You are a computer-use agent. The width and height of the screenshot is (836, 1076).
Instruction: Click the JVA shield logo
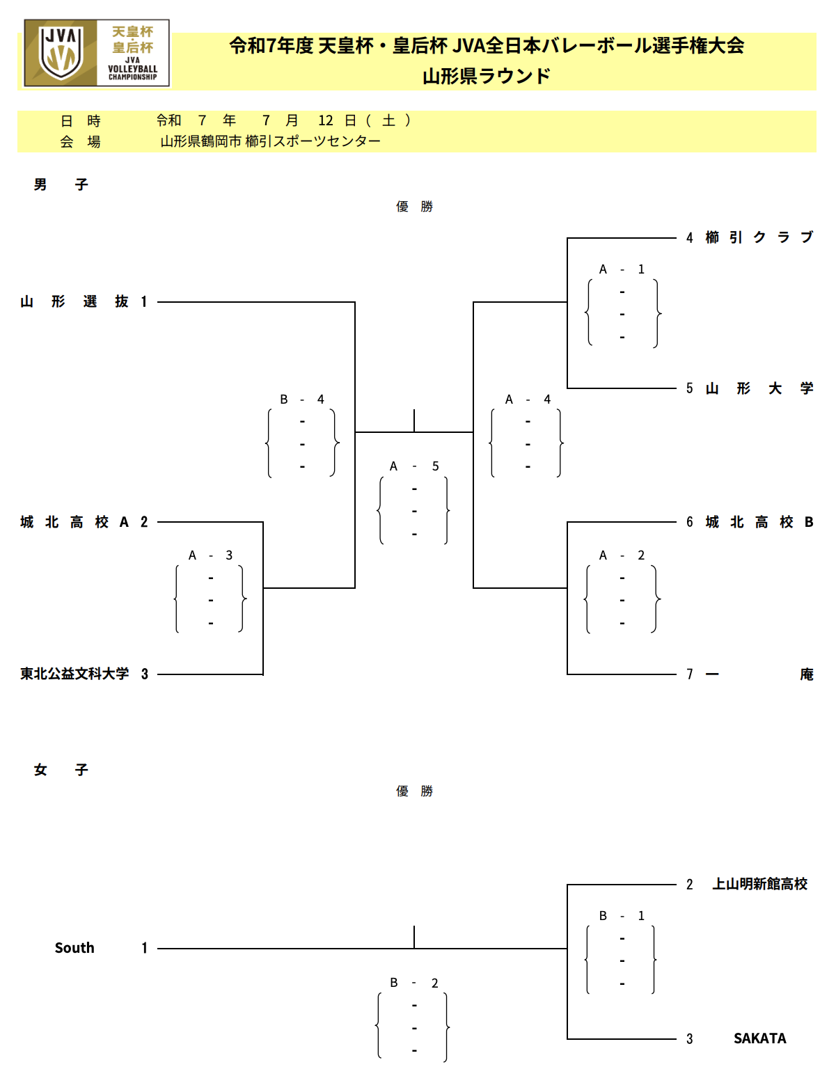tap(61, 53)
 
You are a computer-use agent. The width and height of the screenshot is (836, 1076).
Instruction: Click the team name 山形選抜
tap(74, 301)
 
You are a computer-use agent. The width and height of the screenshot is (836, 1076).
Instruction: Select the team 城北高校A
tap(74, 521)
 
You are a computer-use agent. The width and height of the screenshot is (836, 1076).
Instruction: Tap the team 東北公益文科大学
tap(74, 674)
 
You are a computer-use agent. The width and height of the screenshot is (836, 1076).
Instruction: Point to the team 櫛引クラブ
tap(759, 237)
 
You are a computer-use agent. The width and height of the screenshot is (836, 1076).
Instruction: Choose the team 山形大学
tap(759, 388)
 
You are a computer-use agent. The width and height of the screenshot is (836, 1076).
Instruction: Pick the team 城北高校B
tap(759, 521)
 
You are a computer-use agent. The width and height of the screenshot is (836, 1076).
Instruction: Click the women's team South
tap(74, 947)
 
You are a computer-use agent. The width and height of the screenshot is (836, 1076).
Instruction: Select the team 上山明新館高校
tap(759, 884)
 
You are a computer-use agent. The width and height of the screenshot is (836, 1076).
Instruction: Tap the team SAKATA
tap(759, 1038)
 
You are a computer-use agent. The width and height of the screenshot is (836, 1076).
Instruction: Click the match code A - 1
tap(622, 269)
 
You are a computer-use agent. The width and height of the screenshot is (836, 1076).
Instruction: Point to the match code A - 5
tap(414, 466)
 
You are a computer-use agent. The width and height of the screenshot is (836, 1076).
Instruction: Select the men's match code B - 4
tap(302, 399)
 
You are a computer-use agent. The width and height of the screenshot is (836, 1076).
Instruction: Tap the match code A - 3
tap(210, 555)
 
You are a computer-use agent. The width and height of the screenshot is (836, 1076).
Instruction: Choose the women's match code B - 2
tap(414, 983)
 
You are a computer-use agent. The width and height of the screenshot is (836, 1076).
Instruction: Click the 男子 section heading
tap(61, 184)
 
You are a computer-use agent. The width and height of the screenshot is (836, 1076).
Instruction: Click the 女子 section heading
tap(61, 770)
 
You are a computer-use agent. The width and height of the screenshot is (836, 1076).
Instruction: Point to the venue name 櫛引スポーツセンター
tap(313, 141)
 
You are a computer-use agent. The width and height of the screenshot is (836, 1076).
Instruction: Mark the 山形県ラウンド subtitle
tap(487, 77)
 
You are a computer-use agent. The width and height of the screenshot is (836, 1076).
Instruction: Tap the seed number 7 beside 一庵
tap(689, 674)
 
